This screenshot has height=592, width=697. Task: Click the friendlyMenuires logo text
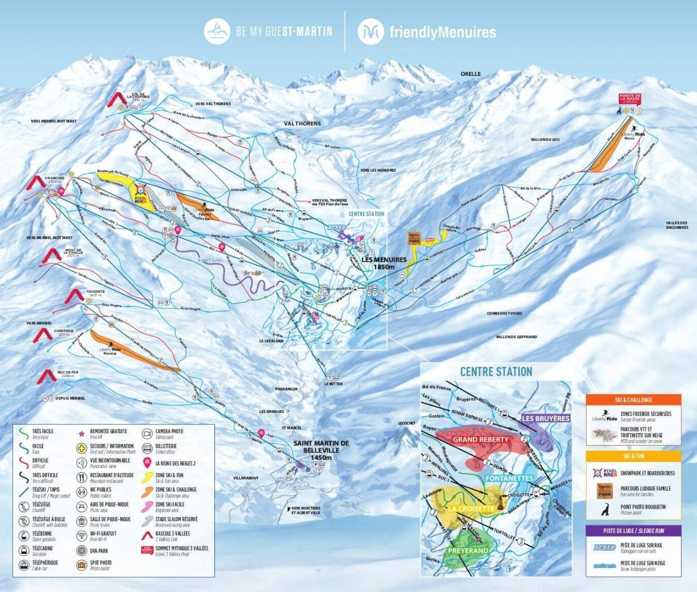point(443,32)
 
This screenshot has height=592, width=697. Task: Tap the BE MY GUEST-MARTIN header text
point(284,32)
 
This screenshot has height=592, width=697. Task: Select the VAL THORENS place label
point(302,123)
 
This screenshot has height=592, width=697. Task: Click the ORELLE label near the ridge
point(471,74)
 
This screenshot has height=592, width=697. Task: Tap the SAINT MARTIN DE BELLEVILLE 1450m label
point(321,451)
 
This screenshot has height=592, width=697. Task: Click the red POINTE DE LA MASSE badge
point(630,99)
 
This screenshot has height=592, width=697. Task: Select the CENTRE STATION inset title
point(495,371)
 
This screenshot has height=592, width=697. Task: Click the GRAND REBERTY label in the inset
point(481,439)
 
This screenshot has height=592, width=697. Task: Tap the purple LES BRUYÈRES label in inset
point(546,419)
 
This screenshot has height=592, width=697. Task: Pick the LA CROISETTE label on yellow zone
point(471,509)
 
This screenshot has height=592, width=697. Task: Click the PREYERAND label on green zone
point(467,550)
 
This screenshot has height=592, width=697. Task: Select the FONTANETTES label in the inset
point(508,478)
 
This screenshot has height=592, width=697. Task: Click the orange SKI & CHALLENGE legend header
point(633,400)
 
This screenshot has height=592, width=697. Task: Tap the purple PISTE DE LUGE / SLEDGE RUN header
point(633,531)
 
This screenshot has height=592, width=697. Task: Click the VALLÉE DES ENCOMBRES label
point(677,225)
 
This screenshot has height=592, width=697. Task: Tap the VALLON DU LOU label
point(545,139)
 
